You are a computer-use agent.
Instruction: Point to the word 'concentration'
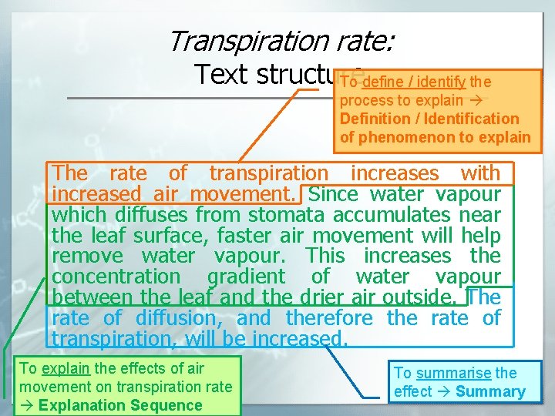[116, 277]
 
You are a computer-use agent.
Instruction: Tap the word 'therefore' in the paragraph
[329, 318]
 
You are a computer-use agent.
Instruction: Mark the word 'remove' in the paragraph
[87, 256]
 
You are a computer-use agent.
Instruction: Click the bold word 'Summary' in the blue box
[490, 391]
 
